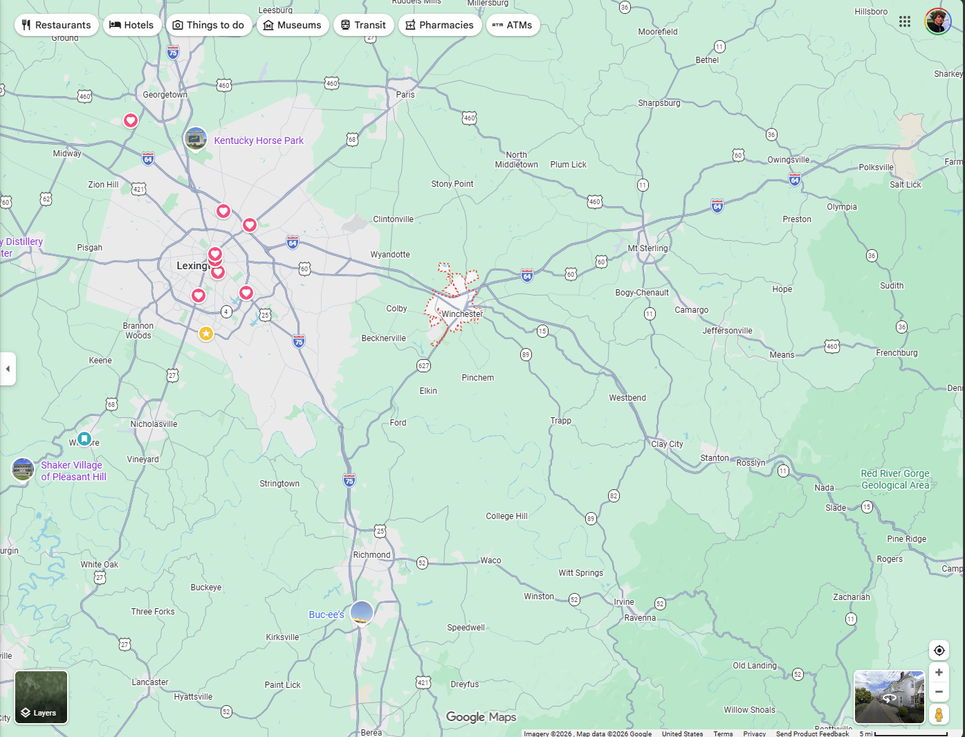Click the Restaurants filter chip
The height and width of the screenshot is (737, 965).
point(56,25)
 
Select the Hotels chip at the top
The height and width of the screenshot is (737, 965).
point(131,25)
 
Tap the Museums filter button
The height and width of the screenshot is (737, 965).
point(292,25)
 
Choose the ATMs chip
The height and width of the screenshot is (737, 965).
point(513,25)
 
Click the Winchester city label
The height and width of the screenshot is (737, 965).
point(462,314)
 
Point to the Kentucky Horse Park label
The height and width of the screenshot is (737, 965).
point(259,140)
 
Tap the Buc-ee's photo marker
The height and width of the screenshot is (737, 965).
point(361,612)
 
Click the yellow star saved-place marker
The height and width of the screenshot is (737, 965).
point(206,334)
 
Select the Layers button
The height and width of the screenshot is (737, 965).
point(42,697)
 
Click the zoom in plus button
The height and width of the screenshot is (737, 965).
point(939,672)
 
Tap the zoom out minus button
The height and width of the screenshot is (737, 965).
point(939,691)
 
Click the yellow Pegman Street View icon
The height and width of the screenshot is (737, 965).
point(939,714)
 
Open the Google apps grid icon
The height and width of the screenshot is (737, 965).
point(905,21)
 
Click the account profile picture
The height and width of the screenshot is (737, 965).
point(937,21)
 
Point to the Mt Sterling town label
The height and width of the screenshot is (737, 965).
point(648,248)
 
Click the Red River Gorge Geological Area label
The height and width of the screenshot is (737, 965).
point(895,479)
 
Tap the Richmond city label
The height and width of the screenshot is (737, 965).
point(371,555)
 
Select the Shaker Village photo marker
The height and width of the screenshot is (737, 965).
point(23,469)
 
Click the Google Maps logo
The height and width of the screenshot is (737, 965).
point(481,717)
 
